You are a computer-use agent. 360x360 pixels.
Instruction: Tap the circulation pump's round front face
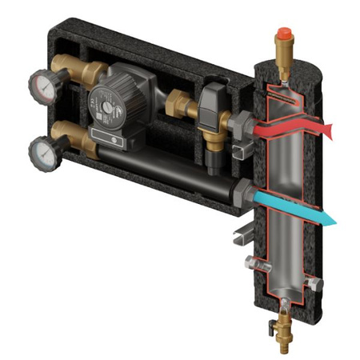pos(109,105)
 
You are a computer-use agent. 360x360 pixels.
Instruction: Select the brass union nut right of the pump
pos(178,105)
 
